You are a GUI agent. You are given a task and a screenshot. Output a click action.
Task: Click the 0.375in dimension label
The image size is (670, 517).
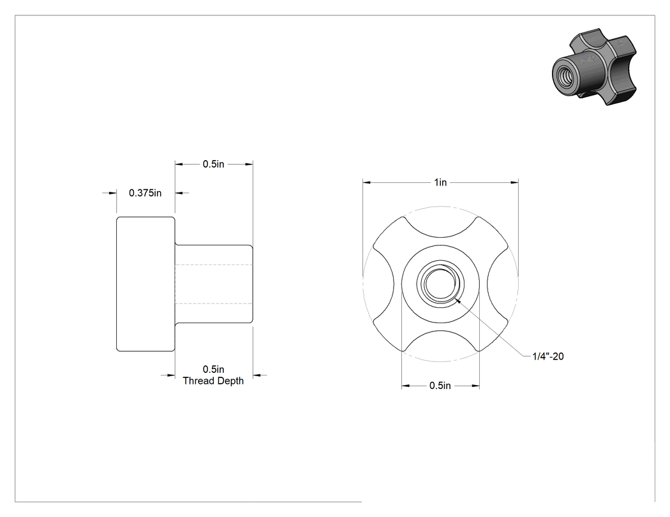(145, 193)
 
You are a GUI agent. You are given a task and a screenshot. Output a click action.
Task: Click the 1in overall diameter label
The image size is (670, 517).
(440, 182)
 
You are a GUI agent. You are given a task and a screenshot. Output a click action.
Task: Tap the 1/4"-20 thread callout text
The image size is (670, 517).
(548, 356)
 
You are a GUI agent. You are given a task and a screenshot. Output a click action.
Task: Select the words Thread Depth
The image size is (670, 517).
(213, 381)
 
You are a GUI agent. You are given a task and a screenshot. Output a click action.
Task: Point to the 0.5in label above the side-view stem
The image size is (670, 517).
(214, 164)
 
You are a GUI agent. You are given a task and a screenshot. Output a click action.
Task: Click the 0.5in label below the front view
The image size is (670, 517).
(440, 386)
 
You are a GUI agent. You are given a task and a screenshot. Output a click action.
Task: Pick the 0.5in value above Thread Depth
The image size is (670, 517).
(214, 369)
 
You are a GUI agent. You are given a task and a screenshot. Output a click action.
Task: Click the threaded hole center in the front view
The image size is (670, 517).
(440, 284)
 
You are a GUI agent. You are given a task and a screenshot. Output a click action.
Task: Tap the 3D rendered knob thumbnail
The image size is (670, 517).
(595, 66)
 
